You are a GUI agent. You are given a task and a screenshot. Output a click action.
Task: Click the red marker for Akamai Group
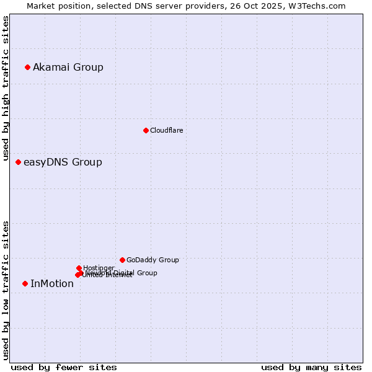coord(27,67)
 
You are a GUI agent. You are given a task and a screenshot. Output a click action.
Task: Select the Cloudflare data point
coord(146,130)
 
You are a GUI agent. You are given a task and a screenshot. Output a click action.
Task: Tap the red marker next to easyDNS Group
coord(18,162)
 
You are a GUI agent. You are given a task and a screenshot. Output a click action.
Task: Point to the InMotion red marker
coord(25,283)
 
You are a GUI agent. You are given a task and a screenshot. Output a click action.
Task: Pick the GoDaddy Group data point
coord(122,260)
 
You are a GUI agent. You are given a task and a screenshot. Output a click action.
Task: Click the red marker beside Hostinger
coord(79,268)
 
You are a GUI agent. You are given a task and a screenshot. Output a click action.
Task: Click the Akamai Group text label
coord(68,68)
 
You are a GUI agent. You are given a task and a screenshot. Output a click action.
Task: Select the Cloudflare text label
coord(166,130)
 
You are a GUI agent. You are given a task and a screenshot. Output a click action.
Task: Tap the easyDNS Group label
coord(63,162)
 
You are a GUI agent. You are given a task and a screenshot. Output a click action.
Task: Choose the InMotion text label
coord(52,284)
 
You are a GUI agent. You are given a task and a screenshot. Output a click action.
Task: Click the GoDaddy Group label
coord(153,260)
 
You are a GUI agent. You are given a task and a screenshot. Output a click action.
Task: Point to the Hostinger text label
coord(99,268)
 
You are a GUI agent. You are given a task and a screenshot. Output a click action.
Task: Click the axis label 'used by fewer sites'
coord(64,367)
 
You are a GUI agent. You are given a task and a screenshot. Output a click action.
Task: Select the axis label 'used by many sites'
coord(311,367)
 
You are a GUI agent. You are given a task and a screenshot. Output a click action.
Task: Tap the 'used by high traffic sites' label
coord(6,89)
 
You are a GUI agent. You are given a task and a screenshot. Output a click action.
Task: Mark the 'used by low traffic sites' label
coord(6,290)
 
